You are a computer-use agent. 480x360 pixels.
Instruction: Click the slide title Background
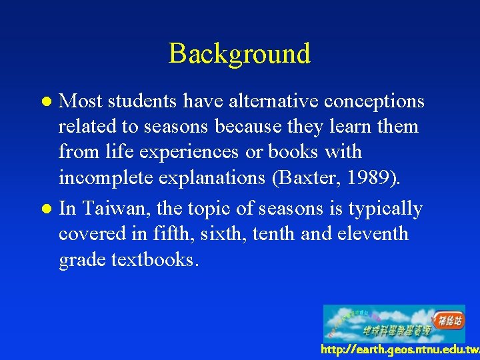pos(239,53)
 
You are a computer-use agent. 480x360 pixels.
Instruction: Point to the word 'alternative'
pos(265,101)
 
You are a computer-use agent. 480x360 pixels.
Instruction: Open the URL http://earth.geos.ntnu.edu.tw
pos(399,349)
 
